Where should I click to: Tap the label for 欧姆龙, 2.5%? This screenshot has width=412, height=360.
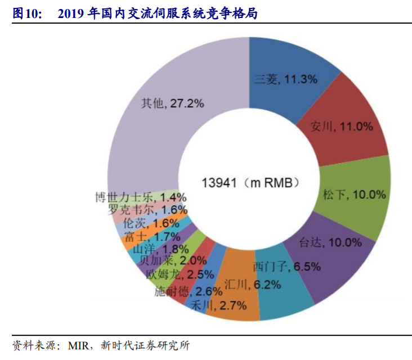tap(172, 274)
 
